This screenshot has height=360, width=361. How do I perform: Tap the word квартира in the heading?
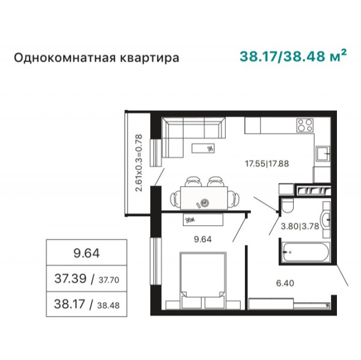pyautogui.click(x=149, y=58)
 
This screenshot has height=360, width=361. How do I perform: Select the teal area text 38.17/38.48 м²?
pyautogui.click(x=293, y=56)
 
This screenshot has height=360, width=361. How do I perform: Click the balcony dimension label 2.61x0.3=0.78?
pyautogui.click(x=139, y=163)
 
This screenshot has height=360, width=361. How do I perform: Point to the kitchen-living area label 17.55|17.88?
pyautogui.click(x=267, y=164)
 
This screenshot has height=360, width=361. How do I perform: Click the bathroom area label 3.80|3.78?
pyautogui.click(x=300, y=226)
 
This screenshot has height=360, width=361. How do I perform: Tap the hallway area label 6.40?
pyautogui.click(x=285, y=283)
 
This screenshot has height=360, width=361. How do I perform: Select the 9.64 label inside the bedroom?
pyautogui.click(x=203, y=240)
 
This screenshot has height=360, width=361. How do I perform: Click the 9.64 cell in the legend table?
pyautogui.click(x=87, y=253)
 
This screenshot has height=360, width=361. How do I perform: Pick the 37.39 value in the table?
pyautogui.click(x=70, y=279)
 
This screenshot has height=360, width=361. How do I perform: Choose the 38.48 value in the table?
pyautogui.click(x=108, y=305)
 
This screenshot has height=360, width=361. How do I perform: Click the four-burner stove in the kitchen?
pyautogui.click(x=305, y=125)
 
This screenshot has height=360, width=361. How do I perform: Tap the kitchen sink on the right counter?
pyautogui.click(x=323, y=154)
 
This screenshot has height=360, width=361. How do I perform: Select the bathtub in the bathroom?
pyautogui.click(x=305, y=252)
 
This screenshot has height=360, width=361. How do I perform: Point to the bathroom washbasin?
pyautogui.click(x=325, y=220)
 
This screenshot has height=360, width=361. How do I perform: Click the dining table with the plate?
pyautogui.click(x=204, y=198)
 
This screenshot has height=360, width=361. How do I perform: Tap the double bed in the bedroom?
pyautogui.click(x=203, y=280)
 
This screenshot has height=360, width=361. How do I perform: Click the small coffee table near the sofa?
pyautogui.click(x=203, y=148)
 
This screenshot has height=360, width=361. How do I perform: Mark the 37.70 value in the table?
pyautogui.click(x=109, y=280)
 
